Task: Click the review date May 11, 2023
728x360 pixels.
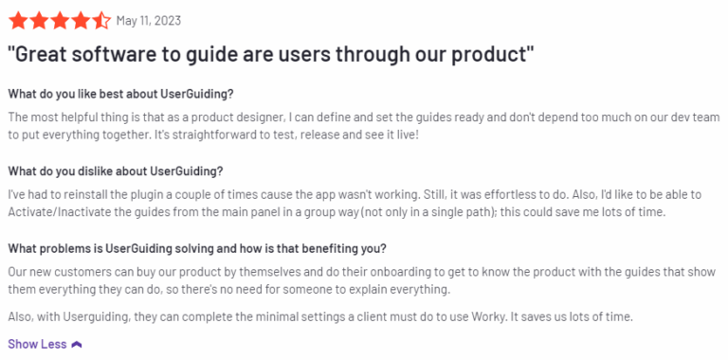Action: pos(148,19)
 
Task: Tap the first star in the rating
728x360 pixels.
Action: pos(17,19)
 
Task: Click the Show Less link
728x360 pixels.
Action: pos(36,344)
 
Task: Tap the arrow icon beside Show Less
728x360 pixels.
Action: pos(77,344)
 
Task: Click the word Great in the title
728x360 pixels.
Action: pos(45,53)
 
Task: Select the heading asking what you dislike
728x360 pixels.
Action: pos(115,171)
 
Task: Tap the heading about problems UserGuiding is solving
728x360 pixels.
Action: pos(197,249)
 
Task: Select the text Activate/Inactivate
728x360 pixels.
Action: pos(56,212)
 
